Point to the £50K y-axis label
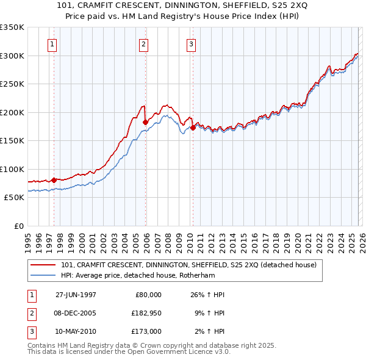[x=13, y=198]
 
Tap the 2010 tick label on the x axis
[x=189, y=237]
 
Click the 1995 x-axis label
[x=28, y=237]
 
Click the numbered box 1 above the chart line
[x=52, y=44]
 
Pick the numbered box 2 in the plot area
[x=143, y=44]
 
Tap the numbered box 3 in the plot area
[x=191, y=44]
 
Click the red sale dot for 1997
[x=54, y=180]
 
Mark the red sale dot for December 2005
[x=145, y=122]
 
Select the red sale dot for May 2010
[x=193, y=128]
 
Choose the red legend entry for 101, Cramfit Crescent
[x=188, y=265]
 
